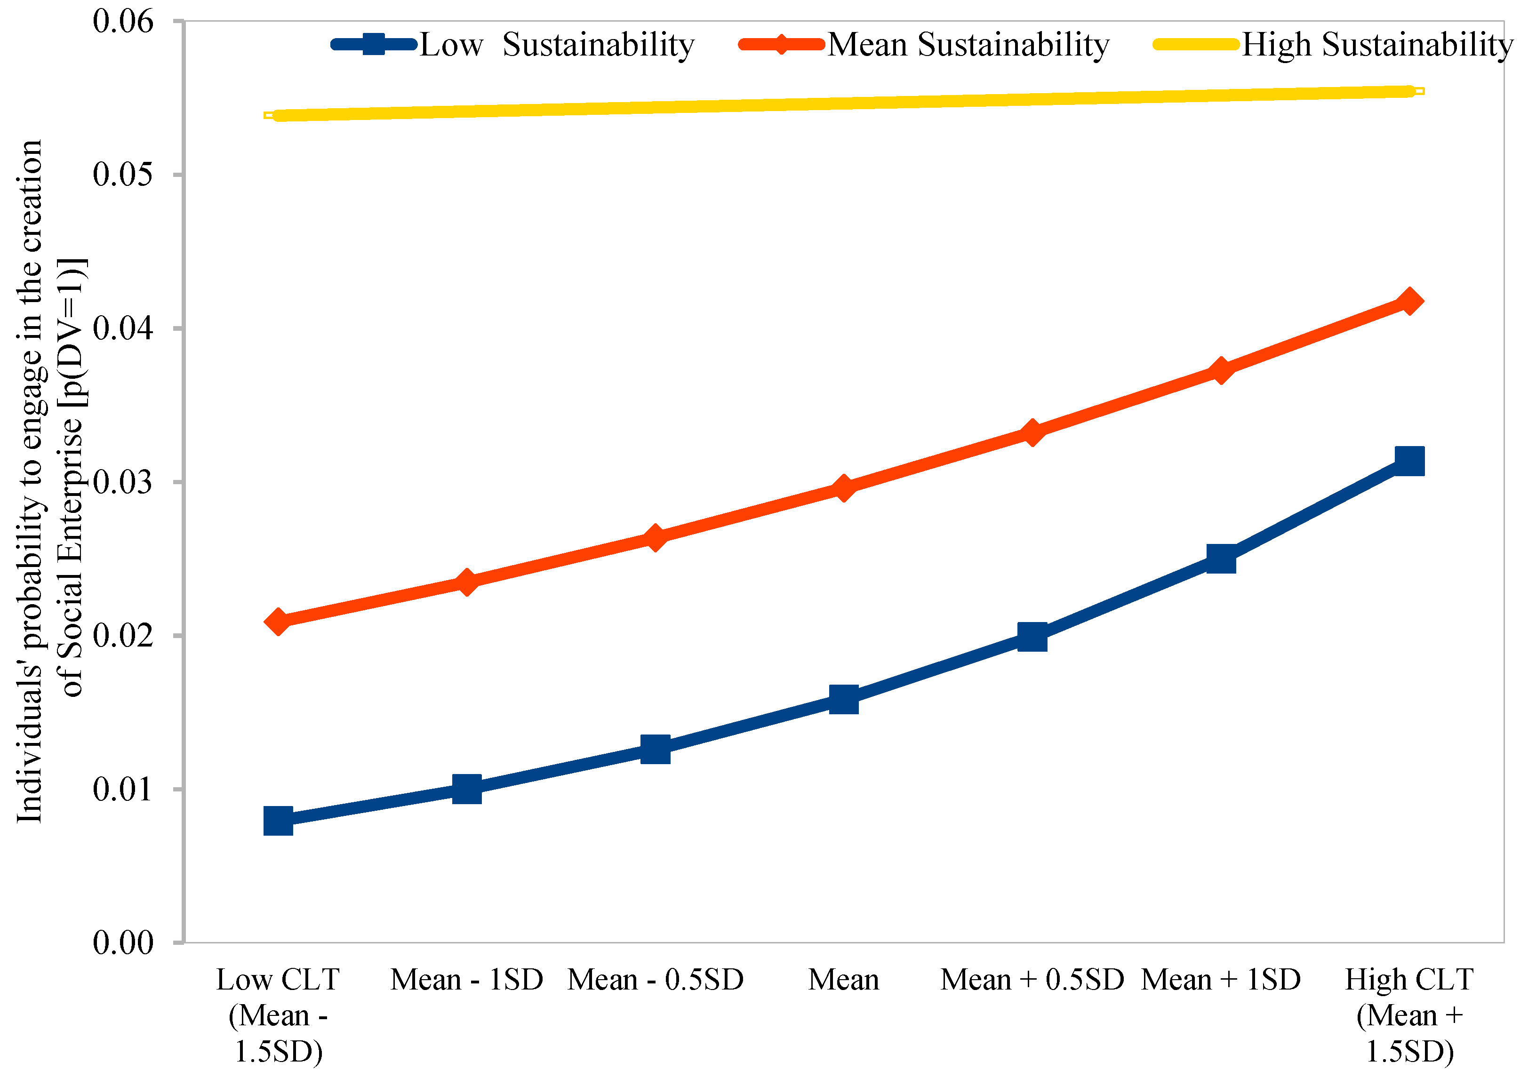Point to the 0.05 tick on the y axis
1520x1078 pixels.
coord(123,175)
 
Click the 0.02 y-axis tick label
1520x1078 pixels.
coord(123,635)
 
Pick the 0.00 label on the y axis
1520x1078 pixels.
coord(123,942)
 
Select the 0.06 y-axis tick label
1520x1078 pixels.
coord(123,21)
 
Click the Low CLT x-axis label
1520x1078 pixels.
coord(278,1015)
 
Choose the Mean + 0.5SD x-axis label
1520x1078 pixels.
coord(1032,980)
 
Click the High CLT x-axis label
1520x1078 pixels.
coord(1408,1015)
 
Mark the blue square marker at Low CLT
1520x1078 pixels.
coord(278,821)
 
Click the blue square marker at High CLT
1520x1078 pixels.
coord(1409,461)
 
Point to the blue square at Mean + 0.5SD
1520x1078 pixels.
coord(1032,637)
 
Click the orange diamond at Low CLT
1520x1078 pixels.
coord(278,622)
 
